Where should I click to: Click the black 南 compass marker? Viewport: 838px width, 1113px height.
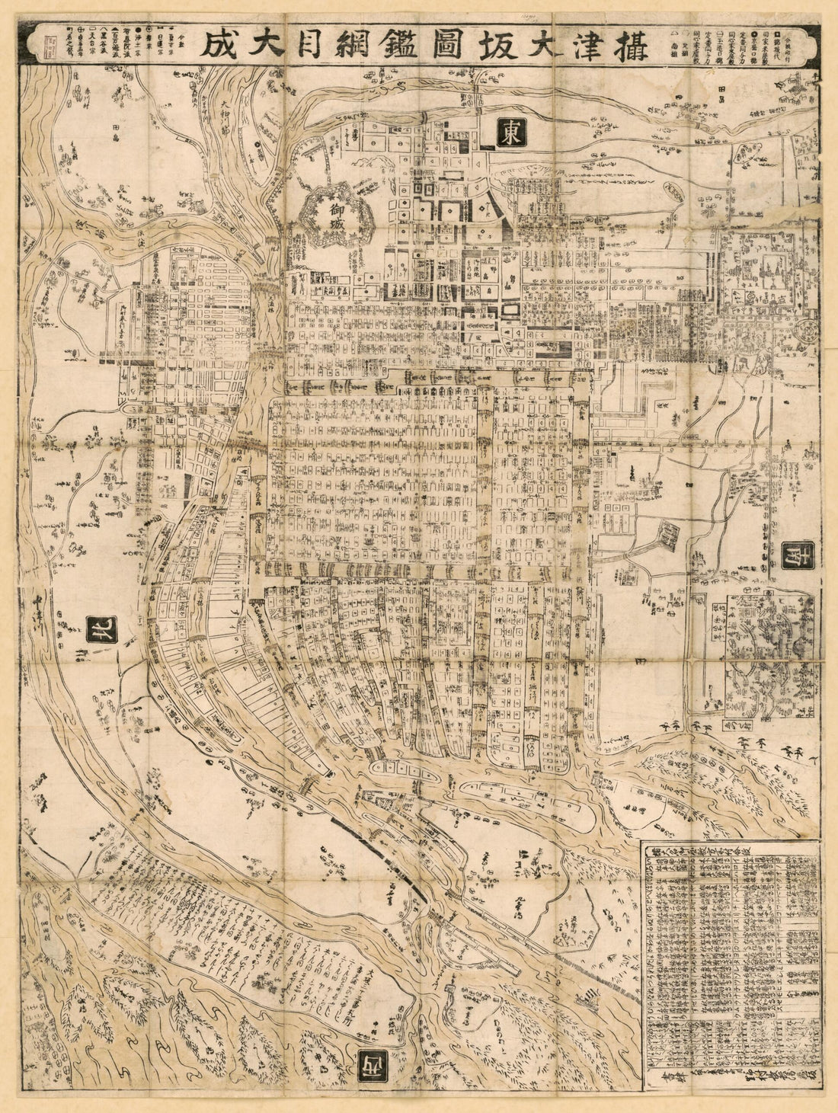797,554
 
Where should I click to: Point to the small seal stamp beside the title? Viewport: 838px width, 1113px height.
51,43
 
